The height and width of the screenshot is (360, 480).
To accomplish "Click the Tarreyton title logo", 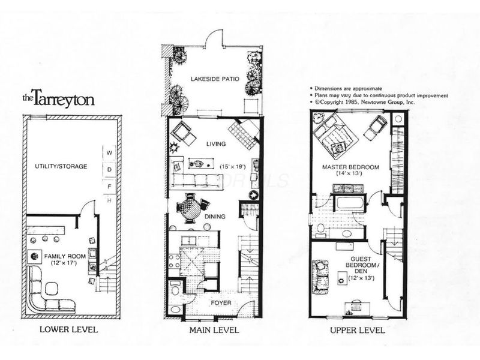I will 50,98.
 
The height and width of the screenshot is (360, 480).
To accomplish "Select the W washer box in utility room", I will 109,153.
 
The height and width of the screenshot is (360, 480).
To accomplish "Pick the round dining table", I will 190,209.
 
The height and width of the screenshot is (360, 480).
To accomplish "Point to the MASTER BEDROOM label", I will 350,167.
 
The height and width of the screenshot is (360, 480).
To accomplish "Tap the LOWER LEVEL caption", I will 68,329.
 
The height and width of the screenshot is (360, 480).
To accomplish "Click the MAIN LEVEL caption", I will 214,329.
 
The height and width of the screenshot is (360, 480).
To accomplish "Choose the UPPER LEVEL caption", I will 358,329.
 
